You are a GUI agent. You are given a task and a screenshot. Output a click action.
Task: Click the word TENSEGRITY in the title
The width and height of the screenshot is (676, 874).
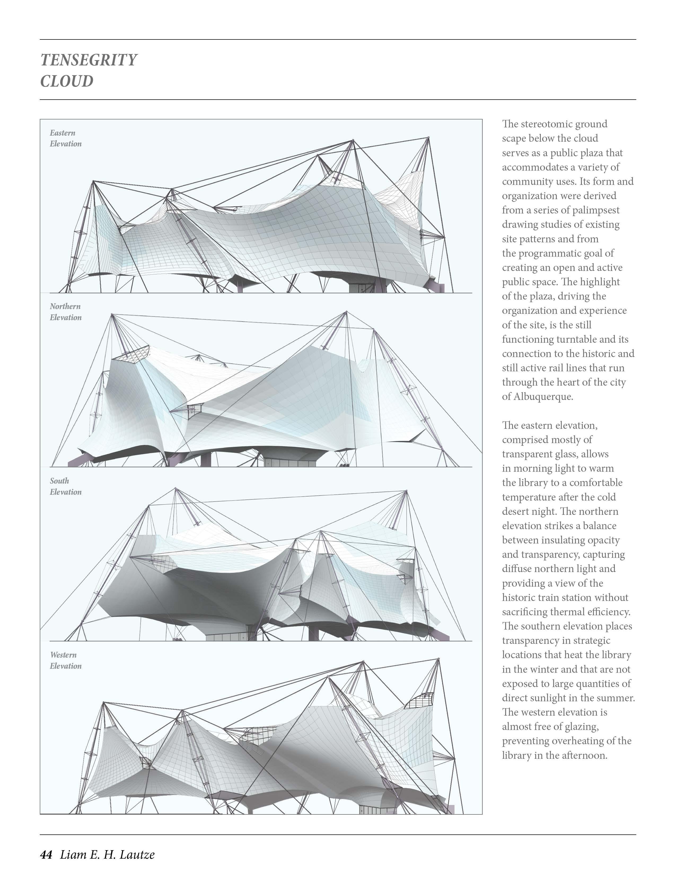tap(89, 60)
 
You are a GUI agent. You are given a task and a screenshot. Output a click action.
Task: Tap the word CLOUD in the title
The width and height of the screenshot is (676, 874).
tap(67, 81)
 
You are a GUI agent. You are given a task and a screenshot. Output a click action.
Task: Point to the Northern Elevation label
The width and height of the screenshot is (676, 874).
tap(65, 312)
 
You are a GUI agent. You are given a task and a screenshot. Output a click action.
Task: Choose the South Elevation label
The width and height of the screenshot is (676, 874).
tap(65, 486)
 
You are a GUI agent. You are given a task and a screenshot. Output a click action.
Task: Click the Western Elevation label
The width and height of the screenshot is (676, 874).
tap(65, 660)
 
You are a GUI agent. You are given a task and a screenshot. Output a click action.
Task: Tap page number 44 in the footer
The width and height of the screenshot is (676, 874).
tap(46, 854)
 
